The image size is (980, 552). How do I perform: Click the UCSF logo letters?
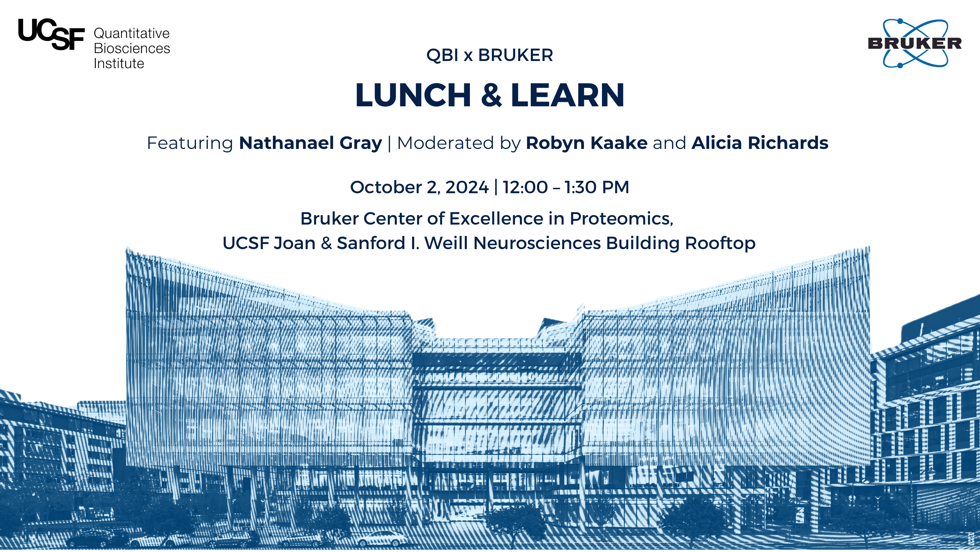51,34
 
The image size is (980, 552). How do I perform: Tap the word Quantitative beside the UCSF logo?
132,33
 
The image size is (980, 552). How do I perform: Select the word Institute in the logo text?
119,64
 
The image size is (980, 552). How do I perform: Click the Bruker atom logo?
915,43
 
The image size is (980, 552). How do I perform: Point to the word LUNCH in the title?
413,95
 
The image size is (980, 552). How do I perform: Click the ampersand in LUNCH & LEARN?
491,95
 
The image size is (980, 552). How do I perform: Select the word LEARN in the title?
567,95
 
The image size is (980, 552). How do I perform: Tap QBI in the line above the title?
442,55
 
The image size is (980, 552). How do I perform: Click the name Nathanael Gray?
310,143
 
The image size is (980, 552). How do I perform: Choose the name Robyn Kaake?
587,143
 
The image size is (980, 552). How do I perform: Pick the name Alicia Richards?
760,143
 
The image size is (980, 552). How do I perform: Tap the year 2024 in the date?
467,187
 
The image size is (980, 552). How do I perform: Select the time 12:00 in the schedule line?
525,187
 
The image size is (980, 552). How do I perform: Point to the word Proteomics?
621,219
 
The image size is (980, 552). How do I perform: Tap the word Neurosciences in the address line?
537,243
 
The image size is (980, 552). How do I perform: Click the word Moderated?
445,143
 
